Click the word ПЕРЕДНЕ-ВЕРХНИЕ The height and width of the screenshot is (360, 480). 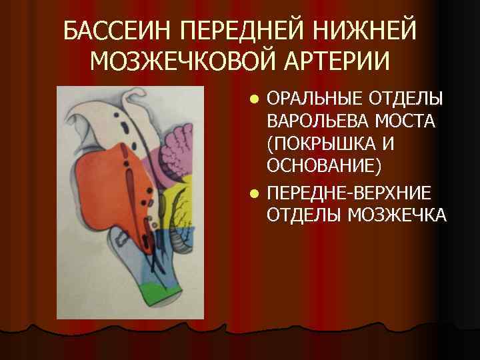point(349,193)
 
